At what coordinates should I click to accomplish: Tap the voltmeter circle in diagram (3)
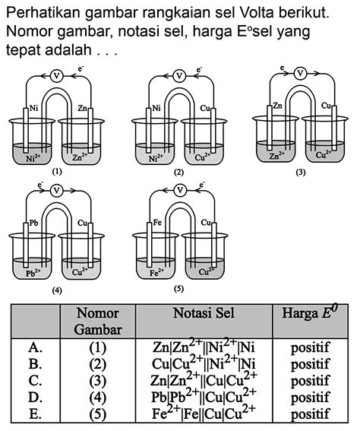coord(301,74)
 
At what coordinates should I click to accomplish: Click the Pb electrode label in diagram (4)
coord(33,223)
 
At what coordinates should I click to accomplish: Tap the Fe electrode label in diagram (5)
coord(157,223)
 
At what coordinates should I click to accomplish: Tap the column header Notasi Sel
coord(203,312)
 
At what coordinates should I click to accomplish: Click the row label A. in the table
coord(33,347)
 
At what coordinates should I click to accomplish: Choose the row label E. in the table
coord(33,413)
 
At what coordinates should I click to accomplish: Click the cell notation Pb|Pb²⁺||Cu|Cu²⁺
coord(203,396)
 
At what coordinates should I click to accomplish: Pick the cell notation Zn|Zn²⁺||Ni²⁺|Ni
coord(203,347)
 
